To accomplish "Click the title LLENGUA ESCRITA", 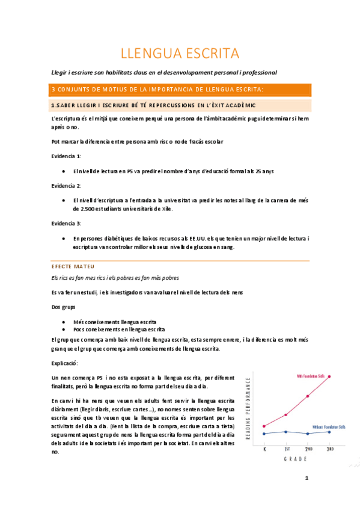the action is [x=180, y=54].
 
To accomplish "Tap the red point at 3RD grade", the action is [x=329, y=376].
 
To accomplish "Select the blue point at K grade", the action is [x=264, y=433].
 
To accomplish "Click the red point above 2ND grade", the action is [x=308, y=396].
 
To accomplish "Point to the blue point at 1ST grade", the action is [x=286, y=431].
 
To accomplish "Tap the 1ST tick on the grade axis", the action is [x=286, y=448].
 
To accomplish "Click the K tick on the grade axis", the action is [x=264, y=448].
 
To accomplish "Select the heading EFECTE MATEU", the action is [x=73, y=266].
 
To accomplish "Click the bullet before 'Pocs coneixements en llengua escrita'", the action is [x=64, y=330].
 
